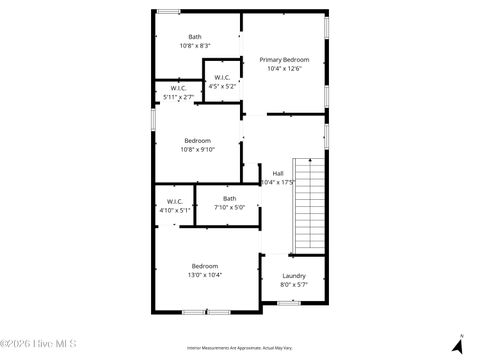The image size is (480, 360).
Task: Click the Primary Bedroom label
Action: click(284, 60)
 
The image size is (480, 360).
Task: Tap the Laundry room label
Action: click(294, 276)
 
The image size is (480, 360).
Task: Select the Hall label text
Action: click(278, 173)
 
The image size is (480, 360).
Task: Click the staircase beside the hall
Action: click(310, 205)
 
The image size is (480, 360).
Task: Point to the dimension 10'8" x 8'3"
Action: click(194, 46)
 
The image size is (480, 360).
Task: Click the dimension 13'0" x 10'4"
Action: click(207, 275)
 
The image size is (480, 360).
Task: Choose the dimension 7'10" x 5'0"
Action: click(230, 208)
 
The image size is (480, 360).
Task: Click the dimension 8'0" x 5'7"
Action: click(294, 285)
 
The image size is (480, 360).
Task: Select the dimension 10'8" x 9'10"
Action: click(197, 150)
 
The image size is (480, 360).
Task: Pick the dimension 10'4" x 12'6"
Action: click(284, 69)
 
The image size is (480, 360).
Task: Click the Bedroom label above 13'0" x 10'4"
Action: click(207, 266)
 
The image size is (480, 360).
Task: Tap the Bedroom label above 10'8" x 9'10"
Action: click(197, 141)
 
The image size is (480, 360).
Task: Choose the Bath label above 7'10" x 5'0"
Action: click(230, 199)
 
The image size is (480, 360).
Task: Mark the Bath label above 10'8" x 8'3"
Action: click(194, 37)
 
